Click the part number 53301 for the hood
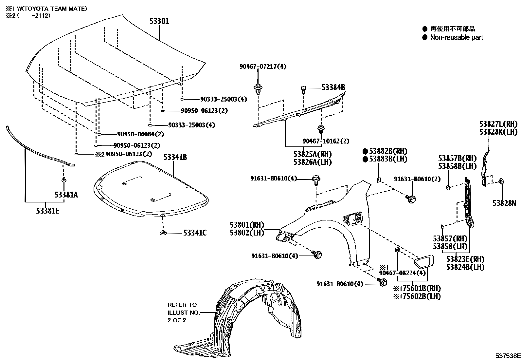click(x=159, y=21)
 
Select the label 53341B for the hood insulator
click(x=175, y=157)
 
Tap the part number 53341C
click(x=195, y=233)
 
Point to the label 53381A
click(x=66, y=195)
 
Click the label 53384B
click(x=333, y=87)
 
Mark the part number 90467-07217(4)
click(x=262, y=66)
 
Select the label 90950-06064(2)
click(x=140, y=134)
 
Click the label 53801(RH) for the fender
click(x=247, y=225)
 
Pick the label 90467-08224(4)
click(x=403, y=273)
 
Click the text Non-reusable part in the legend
click(x=457, y=37)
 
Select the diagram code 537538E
click(x=507, y=355)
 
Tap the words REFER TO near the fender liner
click(x=182, y=305)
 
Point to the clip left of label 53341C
click(x=163, y=233)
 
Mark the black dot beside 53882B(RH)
click(x=365, y=151)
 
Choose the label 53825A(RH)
click(x=312, y=154)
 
